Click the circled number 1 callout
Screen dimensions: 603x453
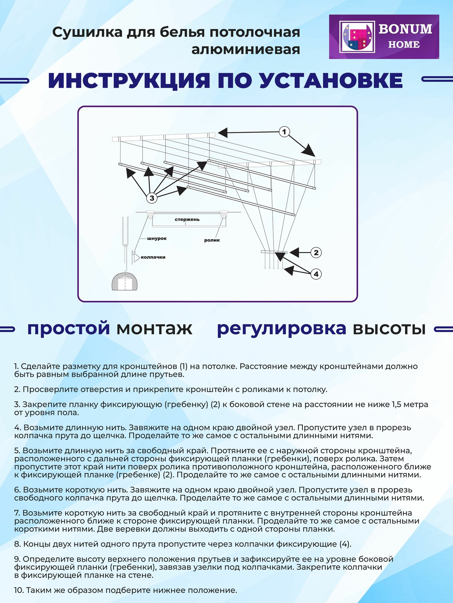click(284, 132)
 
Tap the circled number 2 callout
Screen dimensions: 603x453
click(316, 252)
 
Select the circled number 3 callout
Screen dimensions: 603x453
click(152, 198)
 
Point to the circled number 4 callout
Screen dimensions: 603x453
click(316, 274)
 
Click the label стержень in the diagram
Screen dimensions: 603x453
click(187, 219)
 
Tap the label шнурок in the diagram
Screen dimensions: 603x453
click(157, 238)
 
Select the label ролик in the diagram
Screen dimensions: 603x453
click(212, 240)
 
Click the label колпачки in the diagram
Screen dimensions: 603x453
click(153, 257)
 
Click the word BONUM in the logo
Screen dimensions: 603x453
click(405, 29)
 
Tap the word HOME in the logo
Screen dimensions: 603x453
click(404, 45)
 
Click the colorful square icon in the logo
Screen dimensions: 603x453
click(357, 37)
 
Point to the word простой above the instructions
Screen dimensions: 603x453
click(69, 328)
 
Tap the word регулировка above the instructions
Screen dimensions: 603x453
click(281, 329)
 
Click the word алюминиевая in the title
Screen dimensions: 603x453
click(246, 49)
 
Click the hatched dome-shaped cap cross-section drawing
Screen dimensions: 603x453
click(124, 282)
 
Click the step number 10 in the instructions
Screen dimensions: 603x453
click(19, 590)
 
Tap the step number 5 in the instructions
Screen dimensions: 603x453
click(17, 450)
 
